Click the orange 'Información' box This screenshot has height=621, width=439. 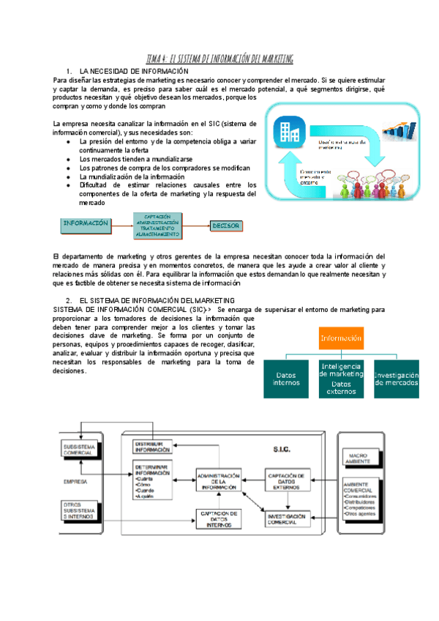(x=340, y=338)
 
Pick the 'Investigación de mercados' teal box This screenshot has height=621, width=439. (x=396, y=379)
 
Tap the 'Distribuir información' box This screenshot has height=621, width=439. (x=152, y=447)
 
